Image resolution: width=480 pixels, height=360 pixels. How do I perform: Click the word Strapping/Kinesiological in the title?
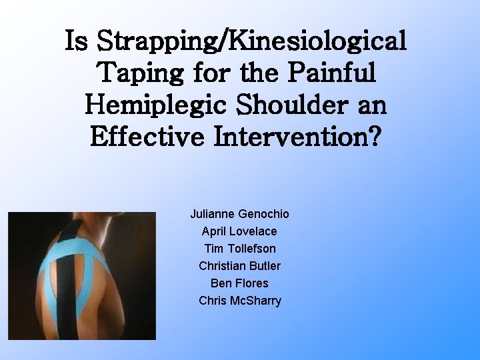(253, 42)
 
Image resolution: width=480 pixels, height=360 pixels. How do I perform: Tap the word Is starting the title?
(78, 42)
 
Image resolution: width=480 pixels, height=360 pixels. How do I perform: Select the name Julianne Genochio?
(239, 214)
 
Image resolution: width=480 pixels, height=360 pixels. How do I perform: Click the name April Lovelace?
(239, 231)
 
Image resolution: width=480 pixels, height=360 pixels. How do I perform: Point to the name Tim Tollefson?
(239, 249)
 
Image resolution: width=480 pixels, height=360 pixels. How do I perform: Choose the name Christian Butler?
(239, 266)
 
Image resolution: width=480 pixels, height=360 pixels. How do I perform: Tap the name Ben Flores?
(239, 283)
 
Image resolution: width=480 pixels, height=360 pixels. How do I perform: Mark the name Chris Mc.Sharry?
(239, 301)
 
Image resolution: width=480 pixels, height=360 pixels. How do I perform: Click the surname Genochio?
(265, 214)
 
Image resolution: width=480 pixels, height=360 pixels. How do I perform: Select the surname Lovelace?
(253, 231)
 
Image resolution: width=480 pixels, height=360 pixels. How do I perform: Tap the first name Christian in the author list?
(221, 266)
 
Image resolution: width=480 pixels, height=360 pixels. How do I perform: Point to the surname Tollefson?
(251, 249)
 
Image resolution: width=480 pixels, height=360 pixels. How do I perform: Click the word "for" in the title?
(211, 73)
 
